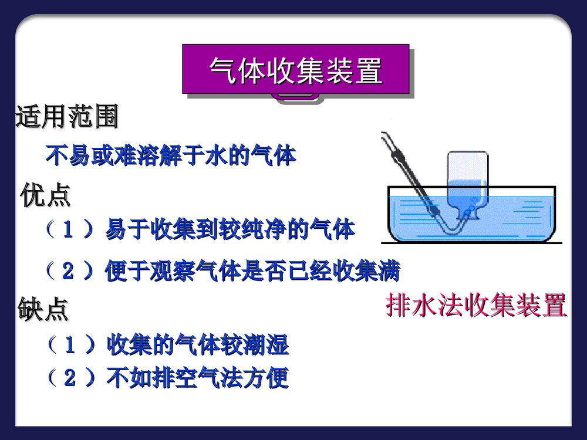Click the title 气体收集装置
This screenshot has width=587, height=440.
click(x=295, y=70)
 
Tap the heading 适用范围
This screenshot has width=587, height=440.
click(x=66, y=117)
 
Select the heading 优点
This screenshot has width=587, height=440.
click(x=46, y=195)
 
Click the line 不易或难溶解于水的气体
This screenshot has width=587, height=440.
click(x=171, y=155)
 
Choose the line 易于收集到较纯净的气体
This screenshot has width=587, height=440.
click(x=230, y=229)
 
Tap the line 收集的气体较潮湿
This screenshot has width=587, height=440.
click(x=197, y=345)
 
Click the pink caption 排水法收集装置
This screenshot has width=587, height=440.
click(x=476, y=306)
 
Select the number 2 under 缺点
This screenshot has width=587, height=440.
click(x=69, y=378)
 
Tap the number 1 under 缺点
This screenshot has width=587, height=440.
click(x=69, y=346)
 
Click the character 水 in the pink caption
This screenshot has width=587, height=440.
click(x=424, y=306)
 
